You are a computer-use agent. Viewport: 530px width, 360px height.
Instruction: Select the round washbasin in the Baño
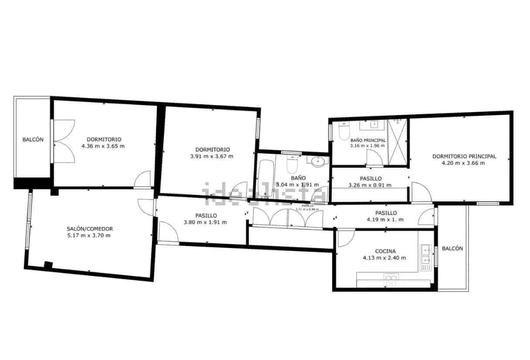point(319,162)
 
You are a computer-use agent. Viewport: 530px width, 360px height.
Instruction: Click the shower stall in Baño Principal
point(397,141)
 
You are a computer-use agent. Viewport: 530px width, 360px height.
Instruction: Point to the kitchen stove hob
point(391,279)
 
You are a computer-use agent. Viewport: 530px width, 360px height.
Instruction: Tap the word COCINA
point(385,251)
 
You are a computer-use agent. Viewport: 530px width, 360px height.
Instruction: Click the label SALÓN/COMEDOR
point(90,229)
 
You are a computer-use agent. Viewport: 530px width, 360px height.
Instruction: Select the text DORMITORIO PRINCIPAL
point(464,156)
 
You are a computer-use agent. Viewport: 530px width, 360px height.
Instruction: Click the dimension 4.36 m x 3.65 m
point(103,146)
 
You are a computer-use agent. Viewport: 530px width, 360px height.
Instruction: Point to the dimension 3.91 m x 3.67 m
point(212,156)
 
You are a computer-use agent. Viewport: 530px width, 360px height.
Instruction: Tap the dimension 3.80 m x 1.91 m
point(205,222)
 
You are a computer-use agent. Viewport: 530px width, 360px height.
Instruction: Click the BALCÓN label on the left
point(33,140)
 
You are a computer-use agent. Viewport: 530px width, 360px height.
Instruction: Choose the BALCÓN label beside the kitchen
point(452,248)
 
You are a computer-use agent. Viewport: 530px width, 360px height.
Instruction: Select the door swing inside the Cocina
point(345,238)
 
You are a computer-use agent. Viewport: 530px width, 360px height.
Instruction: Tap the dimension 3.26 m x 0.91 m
point(370,185)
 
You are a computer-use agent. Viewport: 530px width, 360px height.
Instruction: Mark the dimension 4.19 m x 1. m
point(385,219)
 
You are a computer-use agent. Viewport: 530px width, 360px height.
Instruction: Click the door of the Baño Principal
point(374,158)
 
